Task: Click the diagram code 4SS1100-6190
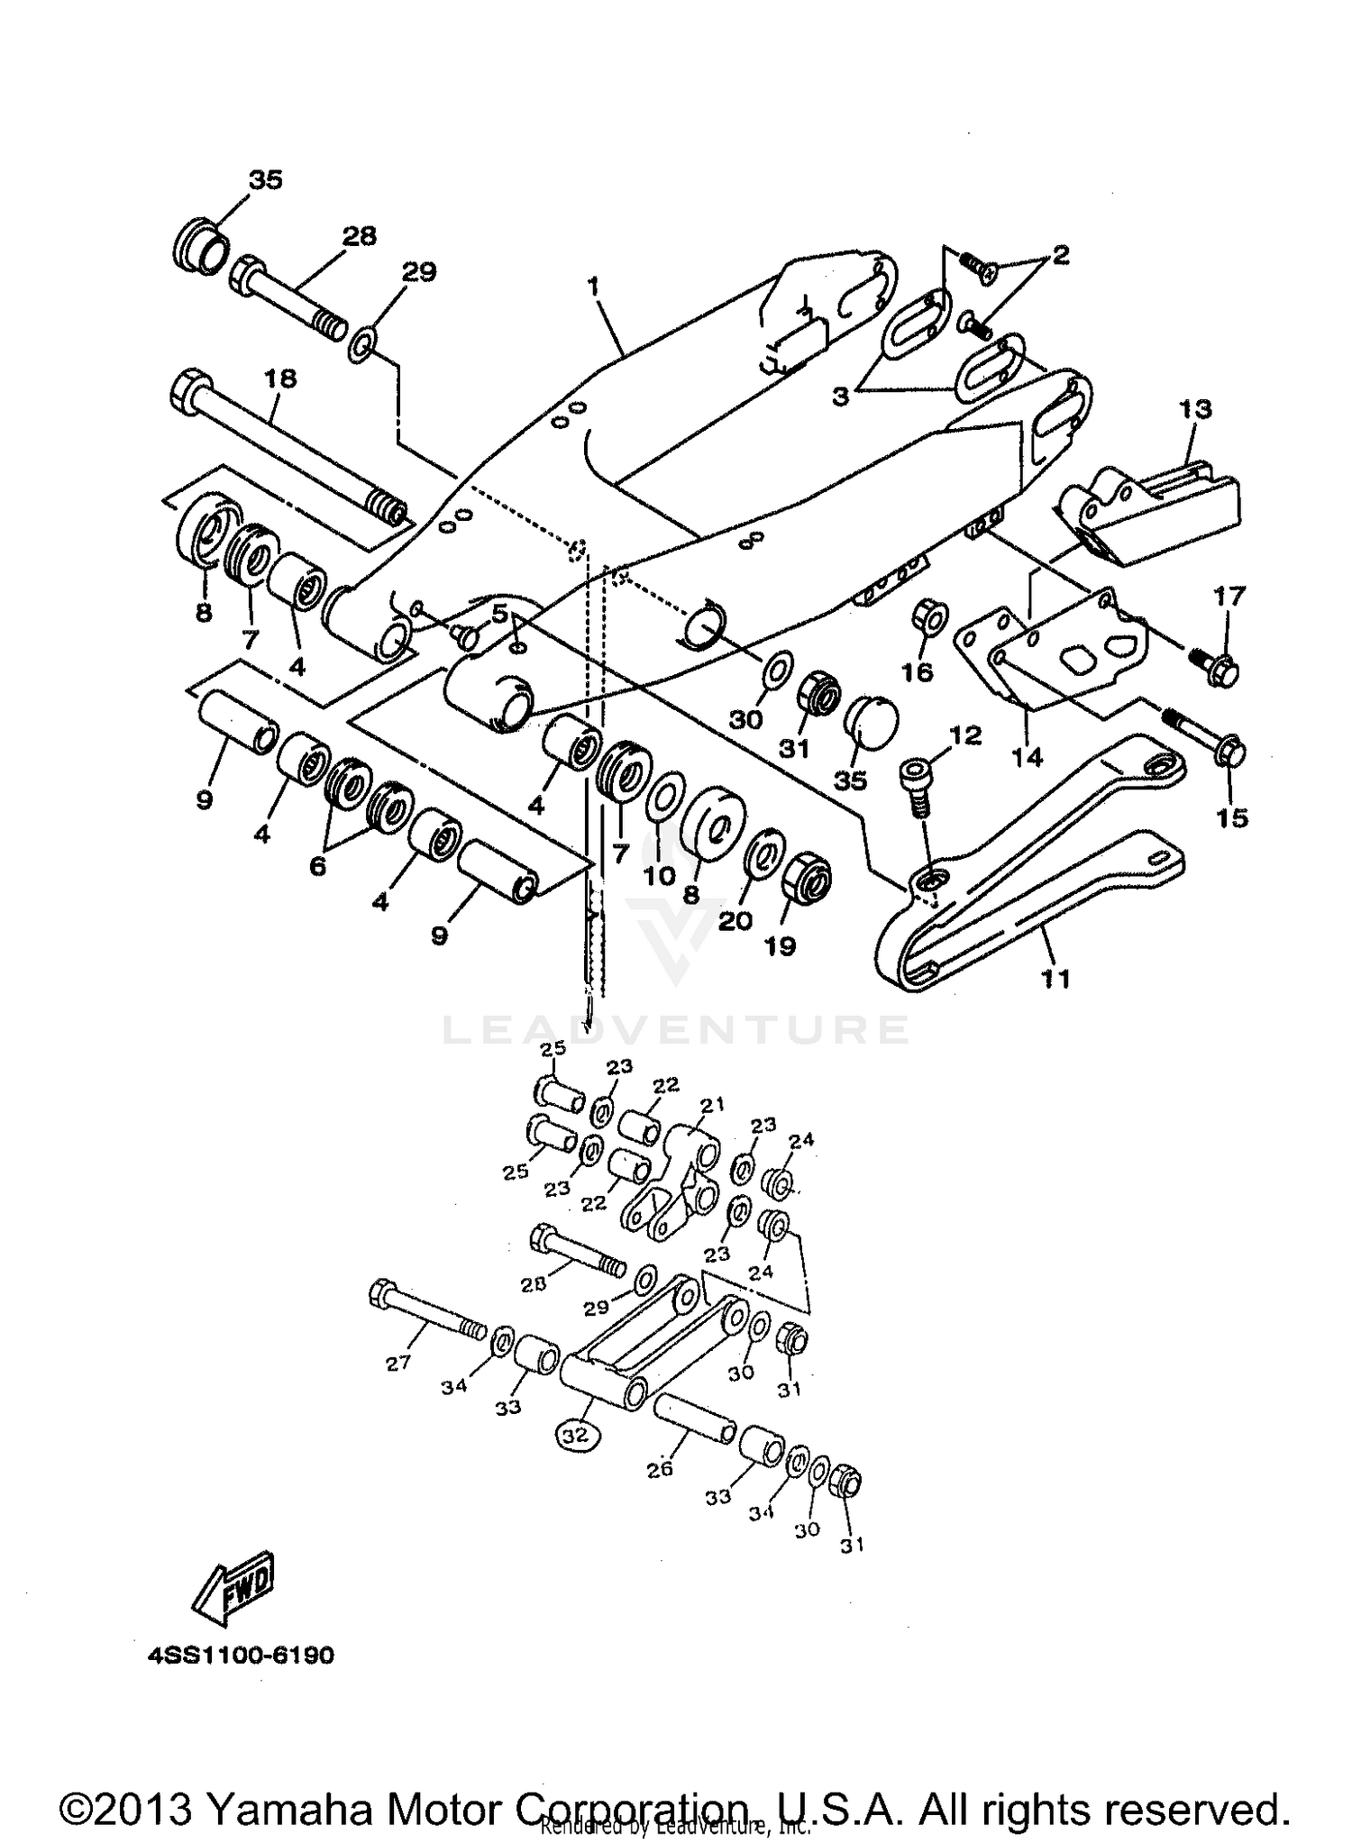coord(239,1656)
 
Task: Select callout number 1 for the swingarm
coord(592,287)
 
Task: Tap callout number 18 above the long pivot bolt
coord(280,379)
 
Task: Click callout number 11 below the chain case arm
coord(1055,978)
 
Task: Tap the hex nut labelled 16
coord(929,617)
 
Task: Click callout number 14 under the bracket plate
coord(1027,757)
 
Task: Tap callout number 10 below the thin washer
coord(660,875)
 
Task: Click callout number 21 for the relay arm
coord(713,1105)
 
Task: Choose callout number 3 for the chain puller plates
coord(840,396)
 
